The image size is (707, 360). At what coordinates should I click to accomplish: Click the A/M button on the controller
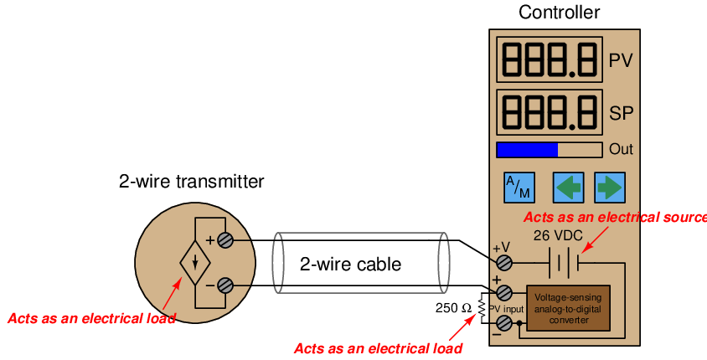coord(519,187)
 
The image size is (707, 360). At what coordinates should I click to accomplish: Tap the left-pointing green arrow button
coord(569,187)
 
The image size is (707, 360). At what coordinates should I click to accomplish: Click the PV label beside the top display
coord(621,60)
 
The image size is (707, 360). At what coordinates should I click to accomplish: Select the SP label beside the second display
coord(622,113)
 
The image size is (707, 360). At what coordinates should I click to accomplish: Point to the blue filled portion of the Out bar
coord(527,150)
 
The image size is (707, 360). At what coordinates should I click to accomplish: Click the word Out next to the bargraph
coord(621,149)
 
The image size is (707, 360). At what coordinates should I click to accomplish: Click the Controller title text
coord(559,13)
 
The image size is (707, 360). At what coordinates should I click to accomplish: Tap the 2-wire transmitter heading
coord(191,181)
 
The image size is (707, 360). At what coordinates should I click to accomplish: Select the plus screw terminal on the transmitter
coord(225,240)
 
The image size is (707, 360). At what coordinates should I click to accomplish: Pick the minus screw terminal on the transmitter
coord(225,285)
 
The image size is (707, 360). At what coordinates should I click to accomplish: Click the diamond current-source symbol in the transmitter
coord(195,263)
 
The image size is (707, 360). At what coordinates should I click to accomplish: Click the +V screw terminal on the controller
coord(504,262)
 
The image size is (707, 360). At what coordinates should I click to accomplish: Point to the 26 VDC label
coord(558,235)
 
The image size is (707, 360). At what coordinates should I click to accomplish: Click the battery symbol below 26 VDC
coord(564,262)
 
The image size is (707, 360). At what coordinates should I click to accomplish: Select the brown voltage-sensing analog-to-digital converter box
coord(568,308)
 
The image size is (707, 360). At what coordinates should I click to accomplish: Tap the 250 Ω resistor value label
coord(453,308)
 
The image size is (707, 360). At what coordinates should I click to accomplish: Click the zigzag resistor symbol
coord(483,308)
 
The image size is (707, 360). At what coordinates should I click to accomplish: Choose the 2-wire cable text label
coord(350,264)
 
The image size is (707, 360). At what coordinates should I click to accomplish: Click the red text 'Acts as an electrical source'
coord(615,217)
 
